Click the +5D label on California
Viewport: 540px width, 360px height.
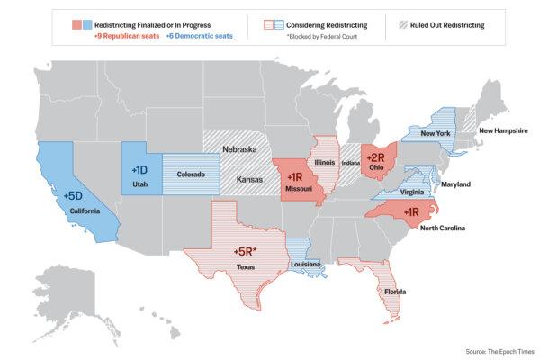(74, 194)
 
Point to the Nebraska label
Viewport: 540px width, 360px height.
(240, 149)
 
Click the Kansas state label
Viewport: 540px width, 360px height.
(250, 180)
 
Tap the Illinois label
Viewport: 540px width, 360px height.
(325, 163)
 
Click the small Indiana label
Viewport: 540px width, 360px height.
(350, 164)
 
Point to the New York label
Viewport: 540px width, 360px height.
(436, 133)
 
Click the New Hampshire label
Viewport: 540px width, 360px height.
(503, 130)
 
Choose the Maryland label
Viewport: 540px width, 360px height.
(455, 184)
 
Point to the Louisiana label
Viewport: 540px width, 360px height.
(306, 265)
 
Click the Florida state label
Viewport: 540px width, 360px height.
(393, 292)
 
